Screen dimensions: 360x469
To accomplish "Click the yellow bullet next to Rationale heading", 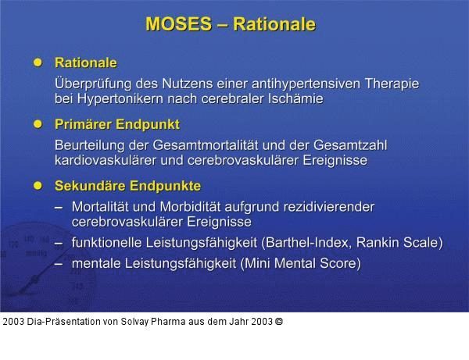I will (37, 62).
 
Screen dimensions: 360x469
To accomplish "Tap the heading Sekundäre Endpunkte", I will (127, 186).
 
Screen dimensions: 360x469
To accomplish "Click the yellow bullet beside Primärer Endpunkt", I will (37, 124).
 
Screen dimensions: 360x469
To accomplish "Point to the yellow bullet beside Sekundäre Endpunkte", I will (37, 186).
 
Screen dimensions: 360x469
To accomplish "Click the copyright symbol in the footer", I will (279, 321).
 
